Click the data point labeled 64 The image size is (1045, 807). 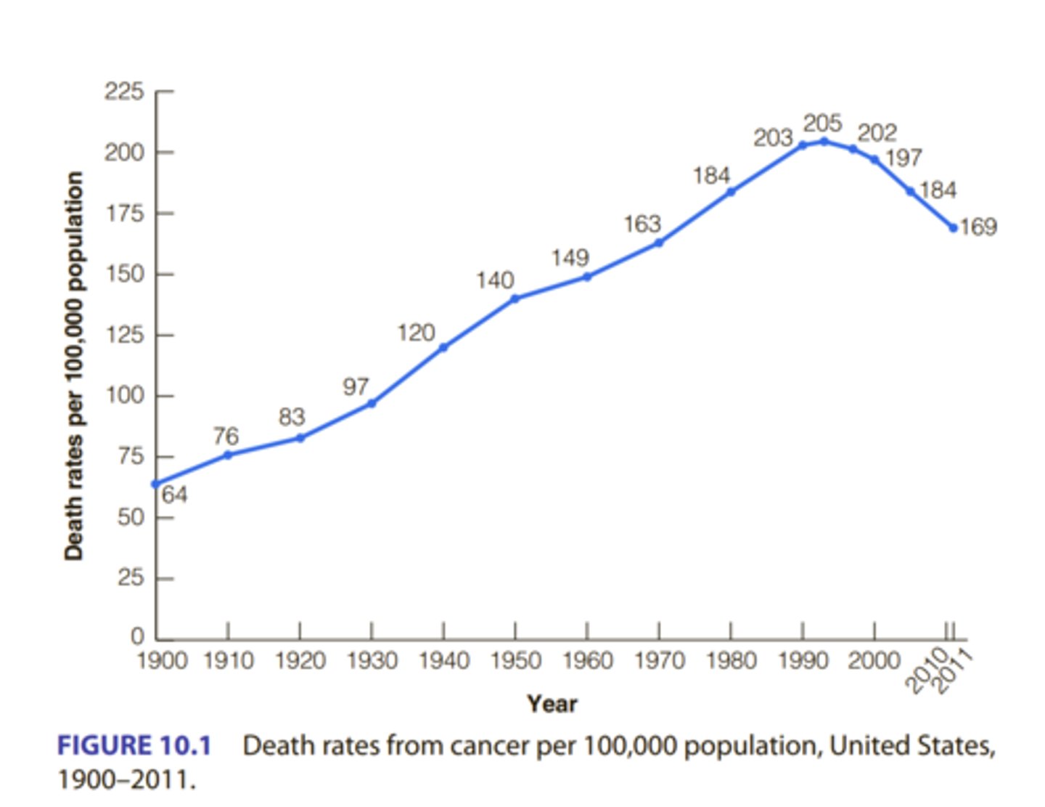coord(156,484)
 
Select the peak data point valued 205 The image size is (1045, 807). coord(824,141)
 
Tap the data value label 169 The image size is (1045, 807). coord(978,227)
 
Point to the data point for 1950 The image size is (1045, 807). coord(515,299)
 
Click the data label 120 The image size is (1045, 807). coord(416,333)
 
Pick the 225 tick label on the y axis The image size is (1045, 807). coord(124,92)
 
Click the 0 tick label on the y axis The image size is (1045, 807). coord(137,637)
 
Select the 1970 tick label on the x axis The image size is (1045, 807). coord(658,661)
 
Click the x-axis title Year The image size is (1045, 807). coord(552,703)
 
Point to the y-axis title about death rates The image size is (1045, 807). coord(73,365)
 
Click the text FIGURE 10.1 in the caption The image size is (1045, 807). coord(134,746)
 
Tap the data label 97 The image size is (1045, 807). coord(356,386)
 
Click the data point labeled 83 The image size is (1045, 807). coord(300,438)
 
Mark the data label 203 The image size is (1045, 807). coord(772,137)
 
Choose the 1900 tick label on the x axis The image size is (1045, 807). coord(162,661)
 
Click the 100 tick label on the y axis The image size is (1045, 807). coord(124,396)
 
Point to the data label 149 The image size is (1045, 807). coord(570,258)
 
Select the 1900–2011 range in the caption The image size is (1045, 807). coord(126,780)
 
